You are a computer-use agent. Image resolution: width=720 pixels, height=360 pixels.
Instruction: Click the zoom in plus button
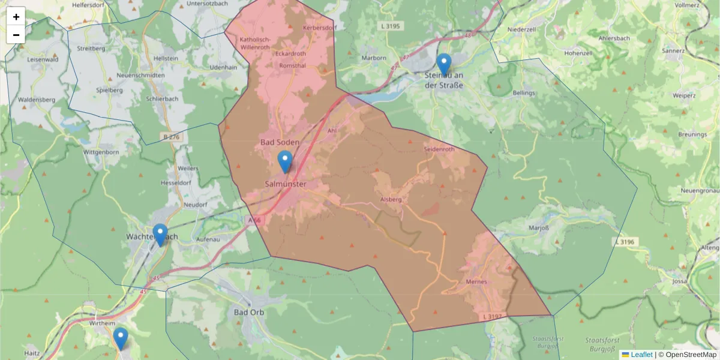pyautogui.click(x=16, y=17)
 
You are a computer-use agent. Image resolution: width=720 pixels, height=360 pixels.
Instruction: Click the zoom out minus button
pyautogui.click(x=16, y=35)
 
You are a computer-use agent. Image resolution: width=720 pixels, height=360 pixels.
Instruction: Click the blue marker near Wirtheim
pyautogui.click(x=121, y=338)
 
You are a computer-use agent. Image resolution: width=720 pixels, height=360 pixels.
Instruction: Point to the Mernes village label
pyautogui.click(x=476, y=281)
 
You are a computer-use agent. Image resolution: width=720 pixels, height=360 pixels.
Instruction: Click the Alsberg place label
pyautogui.click(x=390, y=199)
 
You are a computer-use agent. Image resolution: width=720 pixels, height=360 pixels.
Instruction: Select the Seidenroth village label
pyautogui.click(x=439, y=149)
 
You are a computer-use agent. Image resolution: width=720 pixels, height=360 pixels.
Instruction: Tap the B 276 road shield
pyautogui.click(x=172, y=137)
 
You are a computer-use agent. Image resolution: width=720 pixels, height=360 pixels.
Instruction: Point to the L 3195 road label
pyautogui.click(x=389, y=26)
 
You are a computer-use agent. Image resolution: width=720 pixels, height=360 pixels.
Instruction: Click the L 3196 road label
pyautogui.click(x=624, y=241)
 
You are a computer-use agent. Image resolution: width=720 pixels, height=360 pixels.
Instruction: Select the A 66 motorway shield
pyautogui.click(x=255, y=220)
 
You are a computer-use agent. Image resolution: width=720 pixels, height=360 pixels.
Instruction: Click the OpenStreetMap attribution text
pyautogui.click(x=691, y=355)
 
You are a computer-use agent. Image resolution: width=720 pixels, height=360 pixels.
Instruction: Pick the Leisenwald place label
pyautogui.click(x=43, y=59)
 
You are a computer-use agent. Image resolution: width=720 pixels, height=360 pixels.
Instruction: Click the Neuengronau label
pyautogui.click(x=700, y=190)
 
